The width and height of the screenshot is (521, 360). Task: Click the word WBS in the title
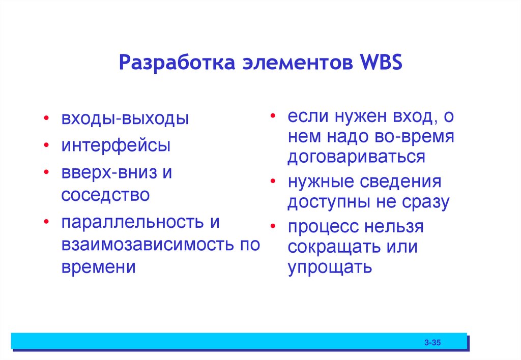click(x=381, y=64)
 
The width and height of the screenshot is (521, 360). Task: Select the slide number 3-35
click(x=432, y=344)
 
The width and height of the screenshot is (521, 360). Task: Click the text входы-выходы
click(x=125, y=119)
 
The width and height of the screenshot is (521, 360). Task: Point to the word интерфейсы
click(x=116, y=146)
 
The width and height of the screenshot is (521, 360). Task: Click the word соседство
click(x=105, y=195)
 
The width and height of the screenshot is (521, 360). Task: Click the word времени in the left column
click(x=98, y=267)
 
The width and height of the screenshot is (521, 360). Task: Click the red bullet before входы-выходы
click(x=46, y=119)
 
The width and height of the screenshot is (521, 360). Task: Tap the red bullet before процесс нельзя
click(x=274, y=226)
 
